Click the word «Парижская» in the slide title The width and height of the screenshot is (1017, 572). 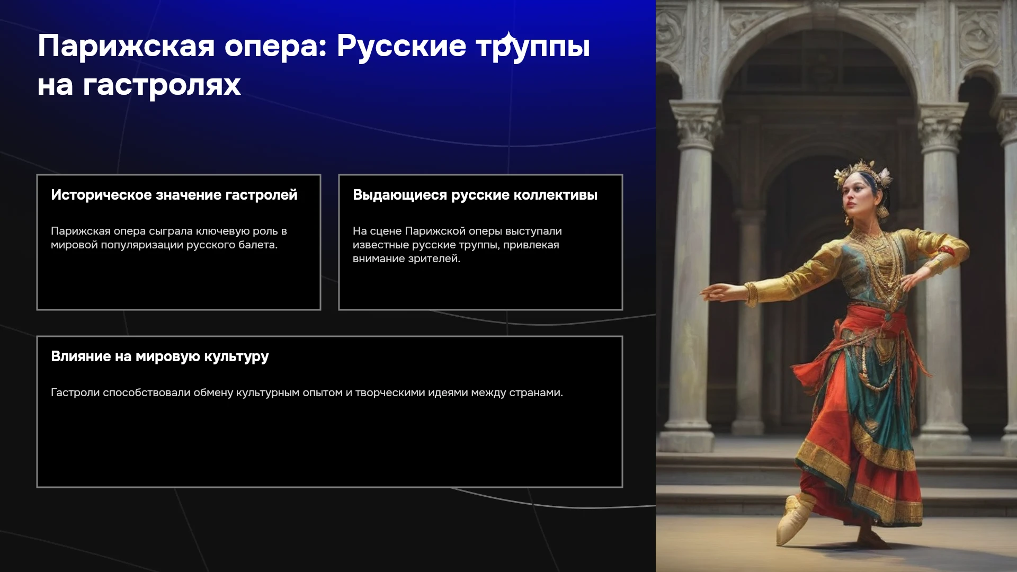(x=126, y=46)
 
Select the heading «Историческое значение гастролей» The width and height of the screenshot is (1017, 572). (x=174, y=195)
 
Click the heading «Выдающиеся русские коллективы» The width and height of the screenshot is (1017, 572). (x=475, y=195)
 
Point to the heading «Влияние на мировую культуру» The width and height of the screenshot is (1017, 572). (x=160, y=356)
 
